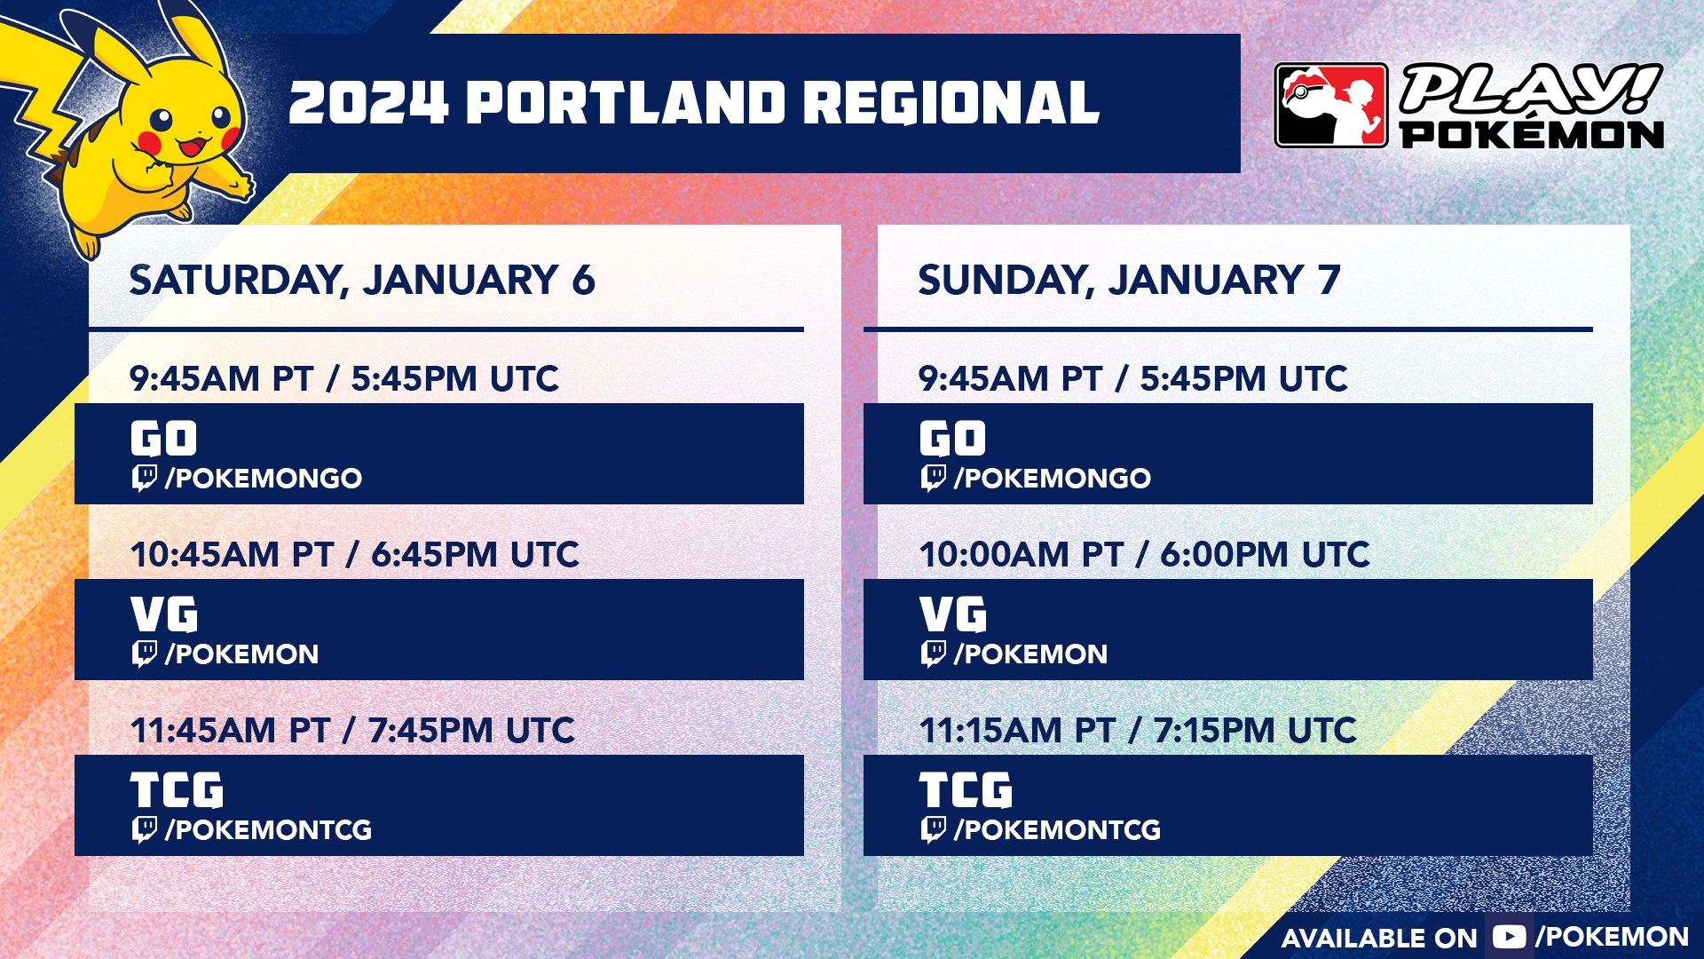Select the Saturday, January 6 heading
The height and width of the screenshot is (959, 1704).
coord(362,281)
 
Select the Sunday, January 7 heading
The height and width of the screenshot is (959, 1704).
coord(1129,281)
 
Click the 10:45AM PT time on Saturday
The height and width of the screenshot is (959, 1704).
coord(231,555)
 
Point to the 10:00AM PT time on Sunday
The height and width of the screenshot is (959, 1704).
coord(1021,555)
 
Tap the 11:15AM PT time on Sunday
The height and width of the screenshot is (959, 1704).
coord(1017,731)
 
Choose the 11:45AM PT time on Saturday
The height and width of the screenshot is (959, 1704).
coord(230,731)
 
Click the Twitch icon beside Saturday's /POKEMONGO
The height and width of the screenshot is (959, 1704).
coord(145,478)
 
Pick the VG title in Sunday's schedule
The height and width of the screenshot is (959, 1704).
coord(953,614)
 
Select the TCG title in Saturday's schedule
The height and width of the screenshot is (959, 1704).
coord(177,790)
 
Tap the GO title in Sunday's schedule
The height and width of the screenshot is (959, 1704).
coord(952,439)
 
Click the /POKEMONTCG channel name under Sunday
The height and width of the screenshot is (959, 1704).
coord(1057,830)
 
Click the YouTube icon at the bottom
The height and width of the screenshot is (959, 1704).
coord(1509,937)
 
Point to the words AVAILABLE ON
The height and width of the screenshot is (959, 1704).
coord(1379,939)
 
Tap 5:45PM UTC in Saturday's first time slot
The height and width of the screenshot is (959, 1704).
coord(454,379)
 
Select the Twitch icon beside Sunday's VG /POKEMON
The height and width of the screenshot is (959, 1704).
coord(934,654)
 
